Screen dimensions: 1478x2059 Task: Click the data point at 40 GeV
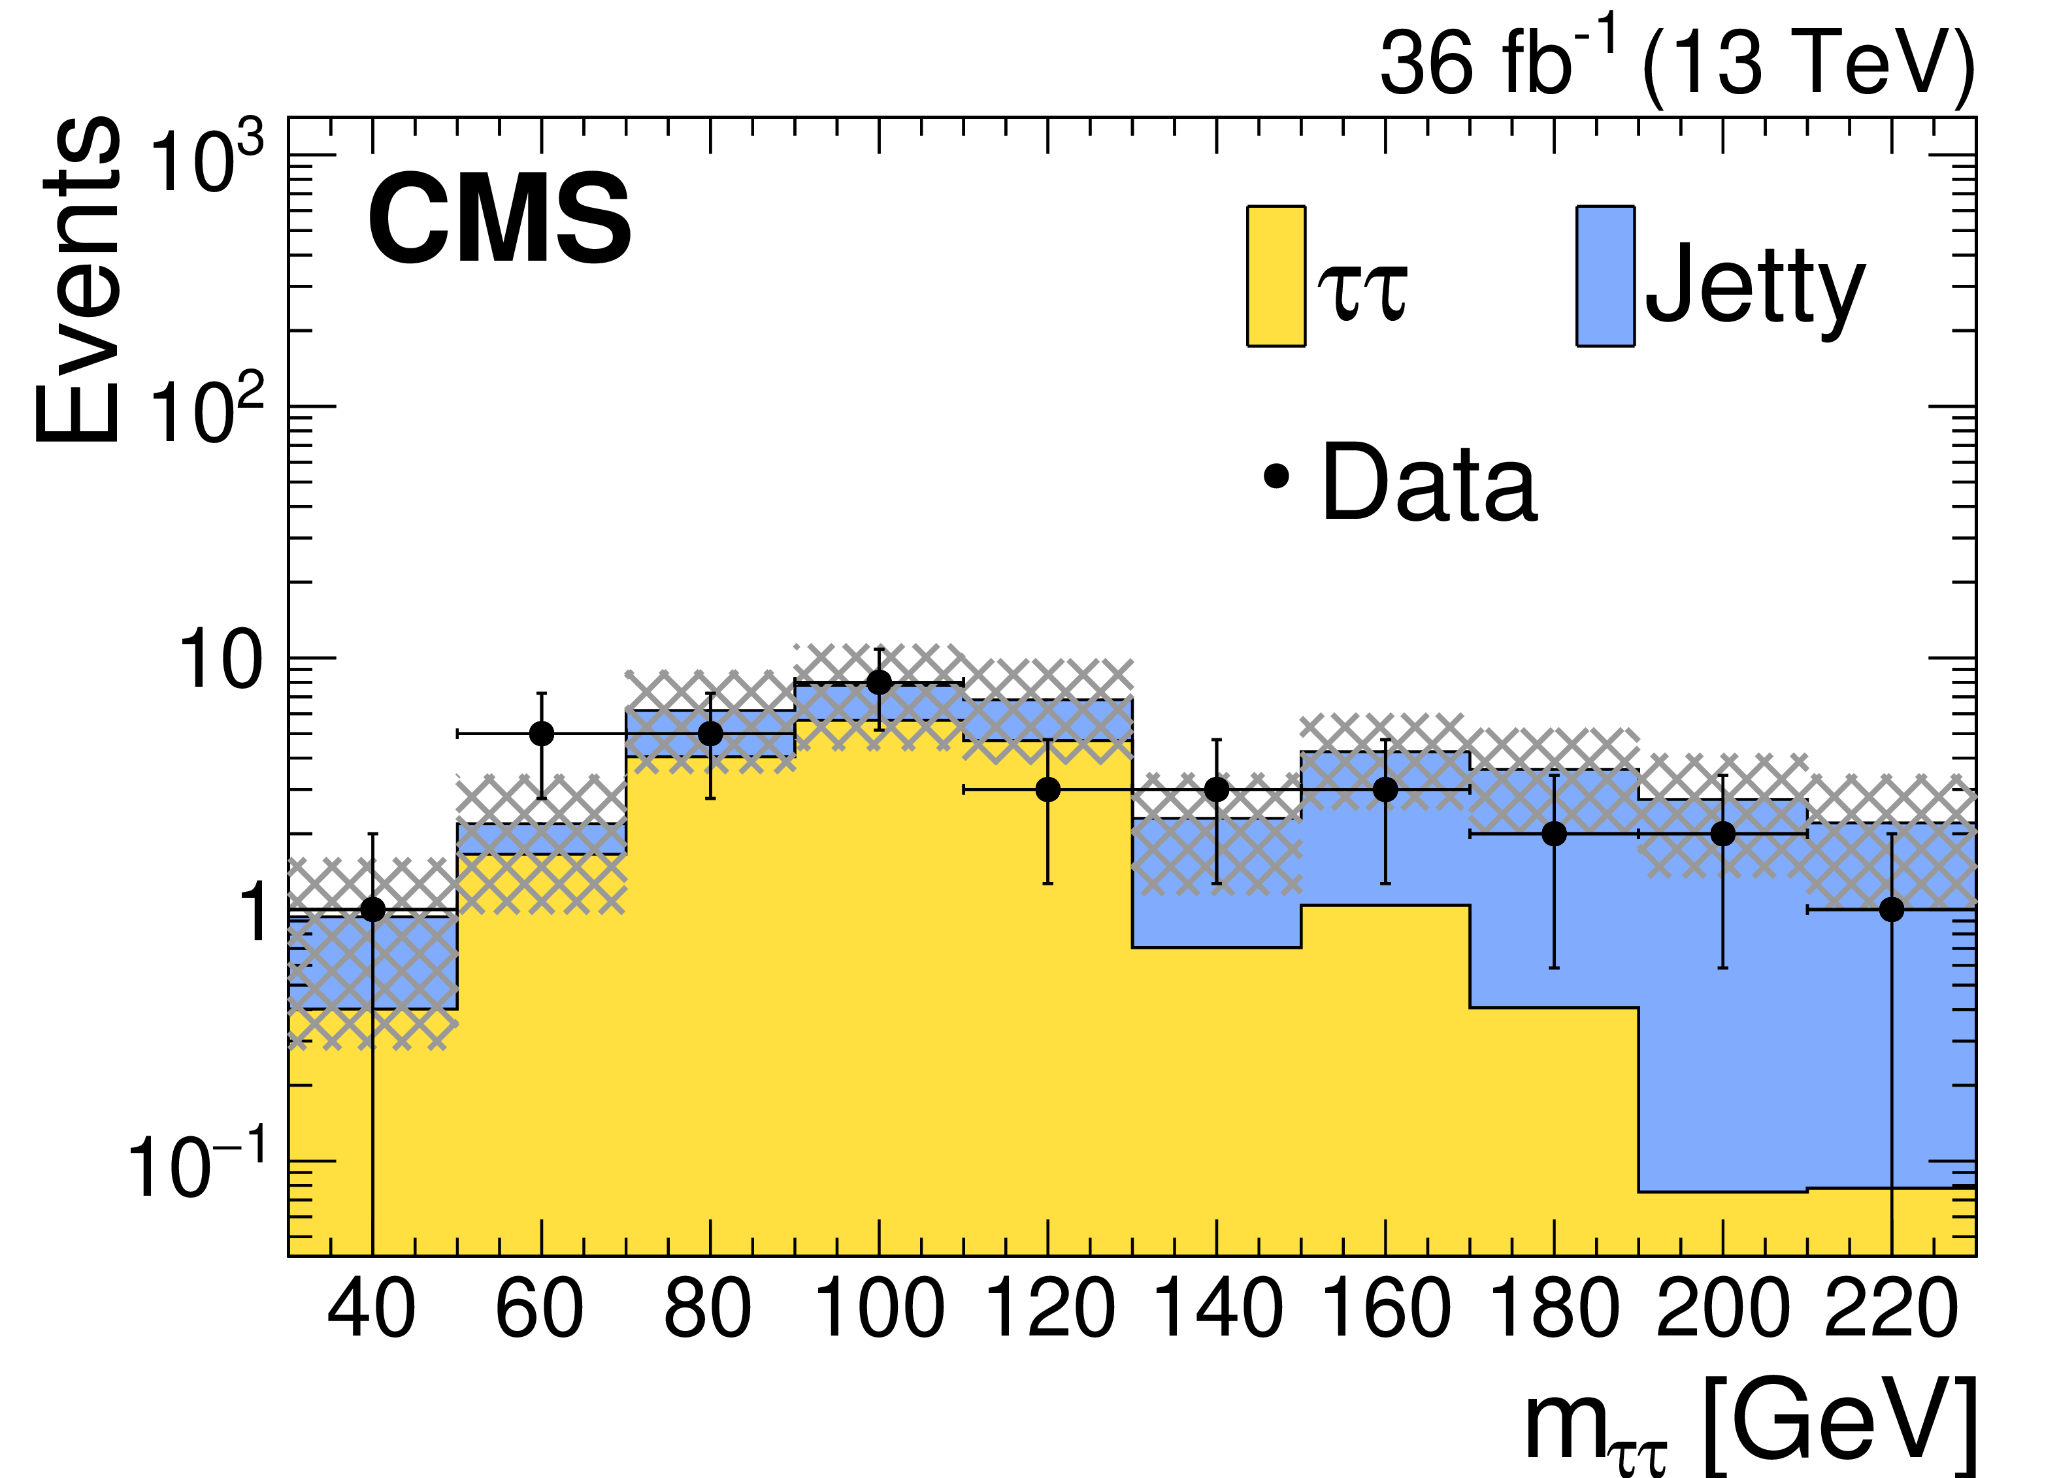tap(372, 910)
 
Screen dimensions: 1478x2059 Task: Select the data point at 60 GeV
tap(541, 734)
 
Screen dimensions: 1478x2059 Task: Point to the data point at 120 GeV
tap(1047, 790)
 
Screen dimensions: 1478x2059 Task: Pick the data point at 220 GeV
tap(1891, 910)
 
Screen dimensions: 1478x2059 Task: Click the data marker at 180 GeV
tap(1555, 834)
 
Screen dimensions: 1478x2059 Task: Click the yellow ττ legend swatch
tap(1276, 276)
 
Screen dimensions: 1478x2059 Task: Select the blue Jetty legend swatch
tap(1605, 276)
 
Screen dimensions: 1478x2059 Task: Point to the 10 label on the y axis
tap(221, 661)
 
